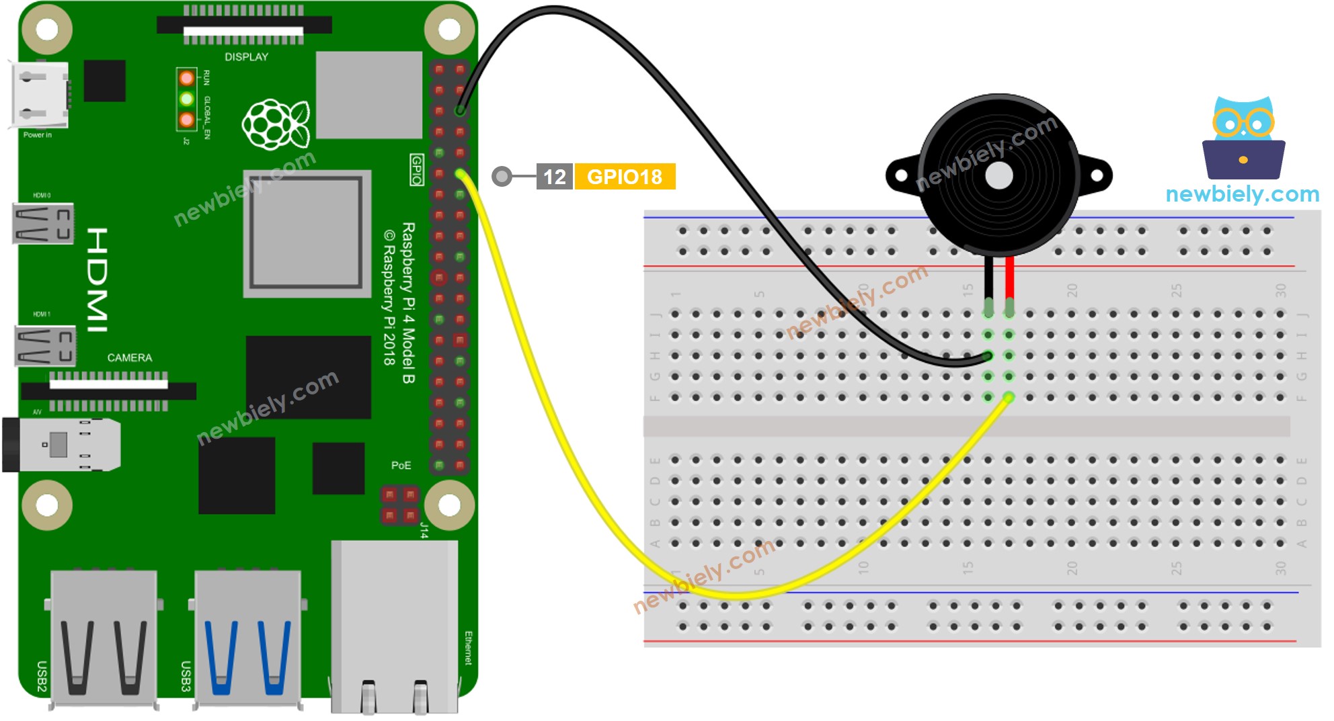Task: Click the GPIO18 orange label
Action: click(x=625, y=177)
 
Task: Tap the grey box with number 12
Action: click(x=554, y=177)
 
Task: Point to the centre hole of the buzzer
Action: click(x=998, y=176)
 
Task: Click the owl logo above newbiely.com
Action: click(x=1243, y=138)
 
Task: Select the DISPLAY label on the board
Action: click(x=246, y=57)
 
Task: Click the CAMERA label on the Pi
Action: click(x=130, y=357)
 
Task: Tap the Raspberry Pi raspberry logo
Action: click(x=276, y=124)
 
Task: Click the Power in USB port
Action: click(x=39, y=95)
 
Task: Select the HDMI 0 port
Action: click(x=43, y=224)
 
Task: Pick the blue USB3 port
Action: click(x=247, y=638)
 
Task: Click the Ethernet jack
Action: click(x=395, y=625)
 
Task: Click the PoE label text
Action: click(x=401, y=465)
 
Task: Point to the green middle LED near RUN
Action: click(x=187, y=99)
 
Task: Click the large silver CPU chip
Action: click(x=307, y=233)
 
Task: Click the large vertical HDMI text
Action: click(x=97, y=279)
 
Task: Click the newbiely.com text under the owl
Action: click(x=1242, y=194)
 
